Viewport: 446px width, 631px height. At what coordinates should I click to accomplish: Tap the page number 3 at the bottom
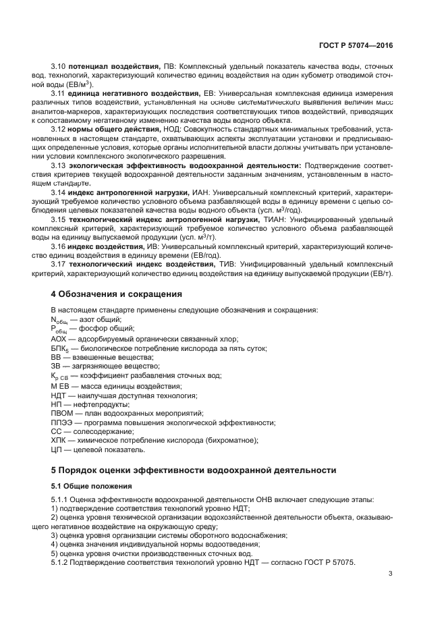coord(391,574)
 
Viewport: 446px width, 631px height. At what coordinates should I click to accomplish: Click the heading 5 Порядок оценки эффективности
coord(193,470)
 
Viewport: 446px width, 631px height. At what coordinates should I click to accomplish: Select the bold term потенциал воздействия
coord(113,67)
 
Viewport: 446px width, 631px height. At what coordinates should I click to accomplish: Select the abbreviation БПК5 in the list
coord(61,348)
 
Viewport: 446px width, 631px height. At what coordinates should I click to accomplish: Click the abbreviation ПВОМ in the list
coord(63,412)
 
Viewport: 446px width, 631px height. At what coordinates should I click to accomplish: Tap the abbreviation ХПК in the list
coord(59,440)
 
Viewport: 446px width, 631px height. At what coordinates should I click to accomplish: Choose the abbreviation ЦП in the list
coord(57,449)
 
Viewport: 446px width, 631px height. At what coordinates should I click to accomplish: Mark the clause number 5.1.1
coord(60,499)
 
